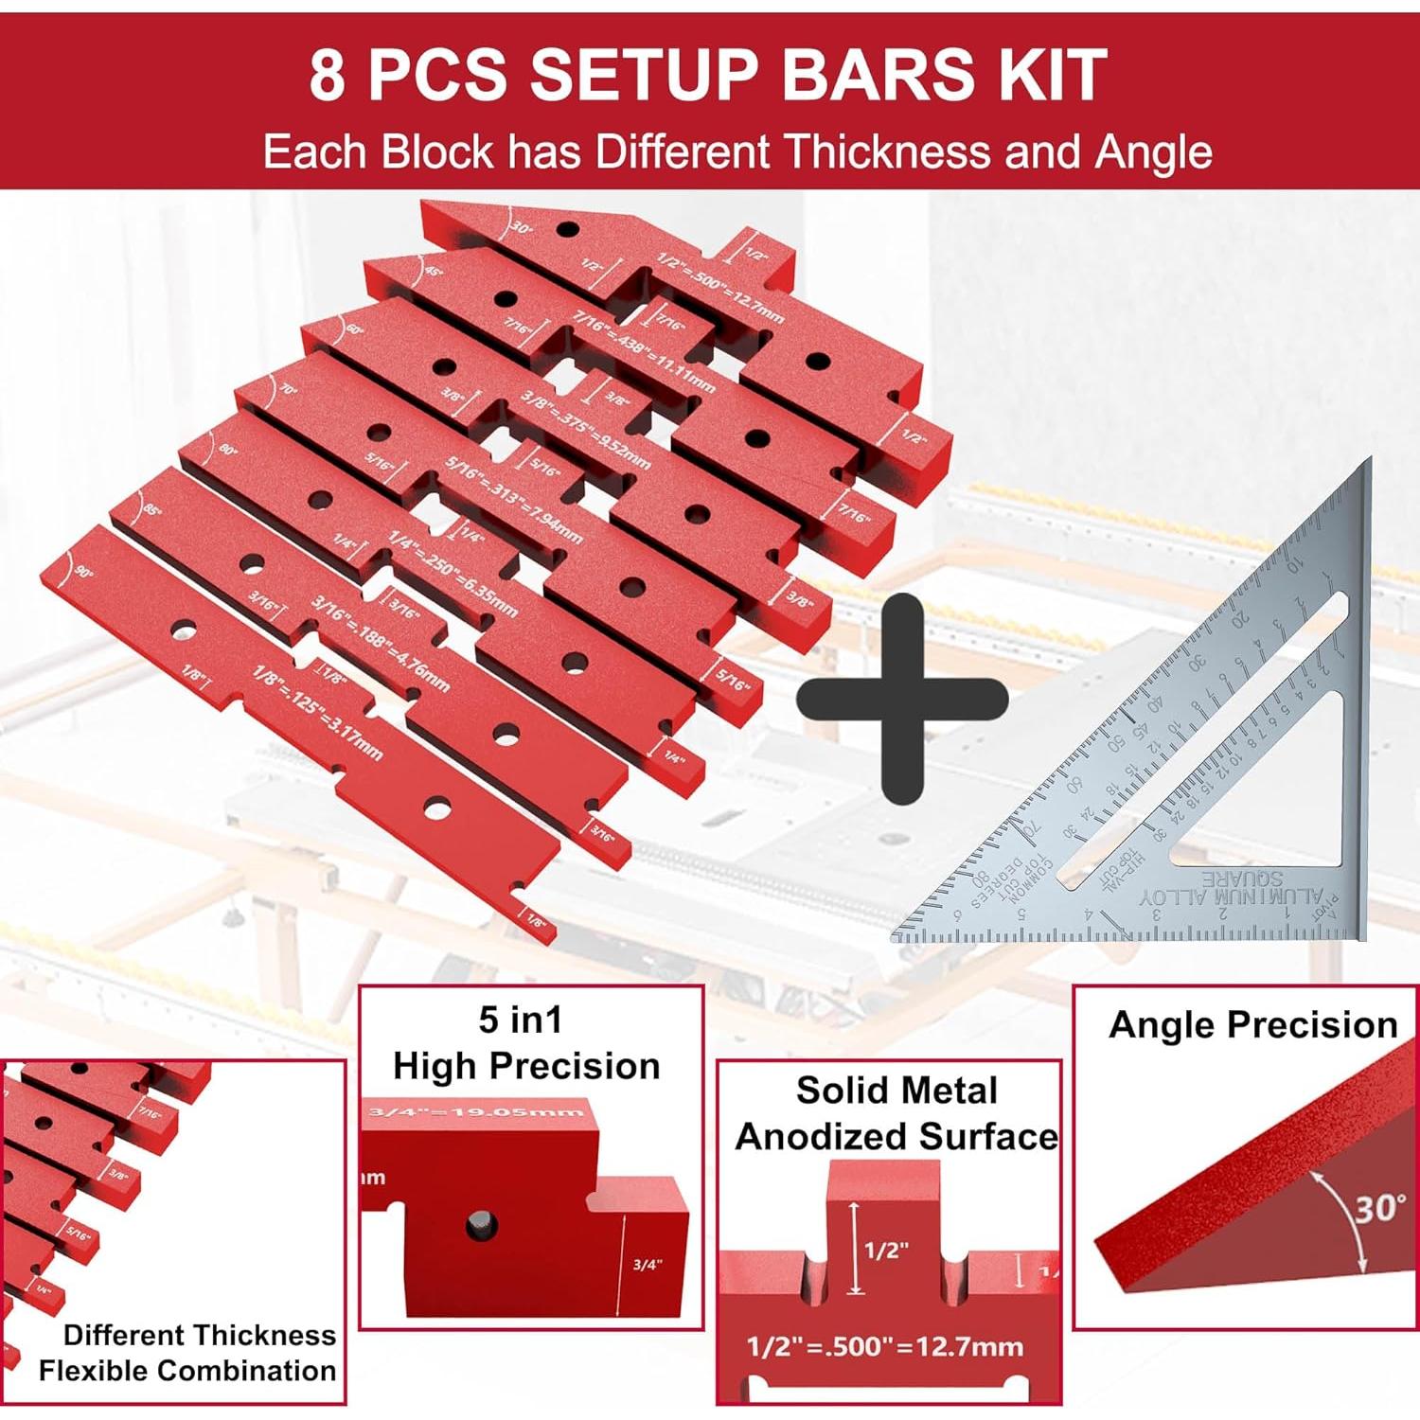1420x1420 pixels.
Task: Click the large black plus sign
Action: [x=901, y=699]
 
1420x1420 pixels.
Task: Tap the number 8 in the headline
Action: [x=327, y=76]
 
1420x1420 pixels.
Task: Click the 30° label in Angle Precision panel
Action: [x=1379, y=1209]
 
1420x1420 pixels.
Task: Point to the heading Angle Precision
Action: [x=1252, y=1025]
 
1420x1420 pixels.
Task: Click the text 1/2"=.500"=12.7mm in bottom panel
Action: [x=884, y=1346]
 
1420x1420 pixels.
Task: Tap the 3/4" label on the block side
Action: [x=648, y=1265]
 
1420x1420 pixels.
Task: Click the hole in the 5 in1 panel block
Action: [x=481, y=1225]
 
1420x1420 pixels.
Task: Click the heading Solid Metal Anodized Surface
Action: [x=896, y=1113]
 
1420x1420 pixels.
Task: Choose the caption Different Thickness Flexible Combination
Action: [x=188, y=1353]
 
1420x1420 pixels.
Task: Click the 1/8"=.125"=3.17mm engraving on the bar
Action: [x=317, y=712]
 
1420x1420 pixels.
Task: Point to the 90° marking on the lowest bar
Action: [x=83, y=573]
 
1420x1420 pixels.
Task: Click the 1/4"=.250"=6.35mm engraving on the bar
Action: [x=453, y=574]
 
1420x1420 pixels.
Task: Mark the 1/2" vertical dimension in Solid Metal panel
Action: [x=885, y=1250]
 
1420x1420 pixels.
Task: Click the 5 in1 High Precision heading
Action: [x=525, y=1043]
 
